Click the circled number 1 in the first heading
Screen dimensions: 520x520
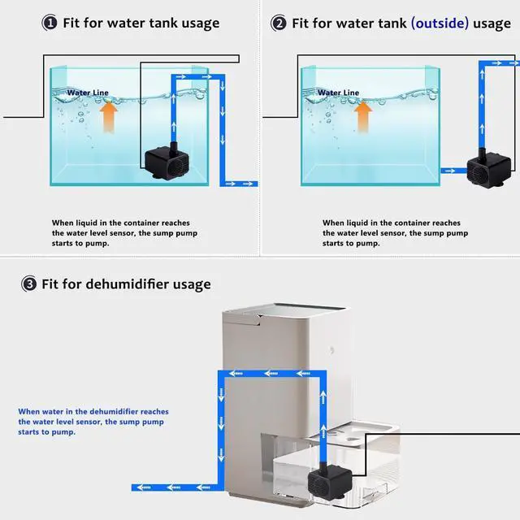pyautogui.click(x=50, y=23)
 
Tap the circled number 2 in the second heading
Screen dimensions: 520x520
pyautogui.click(x=279, y=23)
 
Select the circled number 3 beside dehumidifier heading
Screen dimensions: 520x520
pyautogui.click(x=29, y=284)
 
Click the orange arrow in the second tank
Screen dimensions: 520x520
pyautogui.click(x=363, y=117)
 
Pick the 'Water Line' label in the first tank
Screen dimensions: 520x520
pyautogui.click(x=88, y=93)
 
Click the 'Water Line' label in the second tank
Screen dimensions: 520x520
pyautogui.click(x=338, y=93)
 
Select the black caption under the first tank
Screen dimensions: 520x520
pyautogui.click(x=124, y=232)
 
